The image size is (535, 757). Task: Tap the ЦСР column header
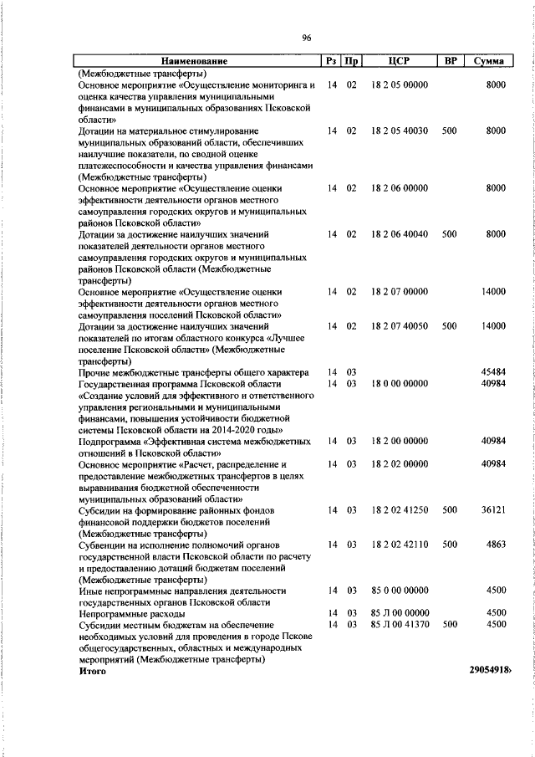(399, 61)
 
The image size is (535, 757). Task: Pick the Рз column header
(332, 61)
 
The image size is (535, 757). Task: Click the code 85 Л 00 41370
(400, 624)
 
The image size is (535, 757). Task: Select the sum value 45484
(494, 372)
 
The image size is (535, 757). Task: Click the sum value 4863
(497, 544)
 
